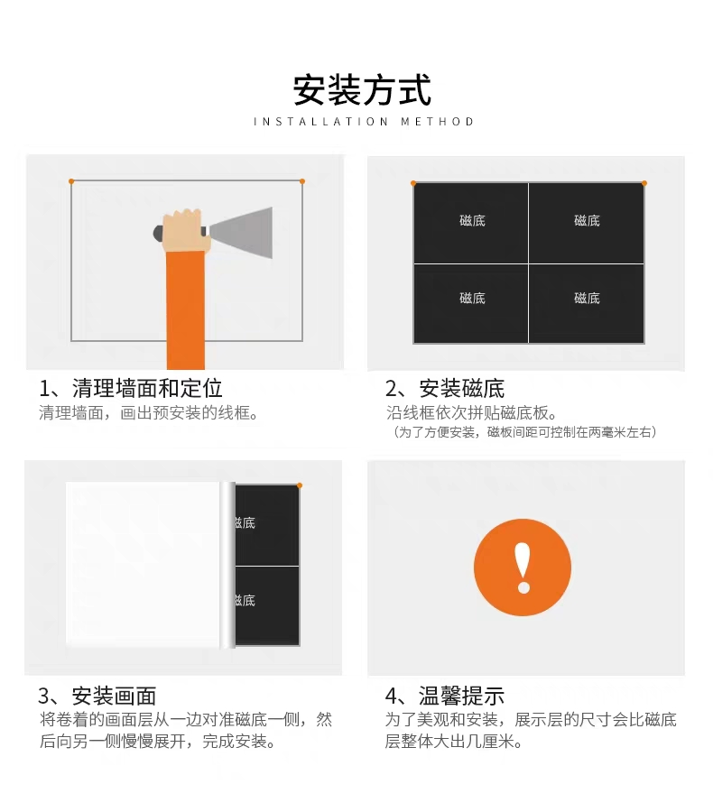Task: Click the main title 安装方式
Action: [362, 90]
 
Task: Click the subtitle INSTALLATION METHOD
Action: [364, 122]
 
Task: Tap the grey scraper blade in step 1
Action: [241, 232]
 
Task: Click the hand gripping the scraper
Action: [182, 231]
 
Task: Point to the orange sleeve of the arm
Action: [186, 309]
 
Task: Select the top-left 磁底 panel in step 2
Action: [470, 223]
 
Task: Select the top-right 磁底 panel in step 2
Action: [586, 223]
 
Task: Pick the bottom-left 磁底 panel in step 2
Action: [470, 303]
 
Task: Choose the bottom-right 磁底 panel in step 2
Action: [586, 303]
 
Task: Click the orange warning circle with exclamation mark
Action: [523, 567]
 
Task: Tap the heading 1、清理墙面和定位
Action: [131, 388]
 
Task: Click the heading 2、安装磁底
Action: [445, 388]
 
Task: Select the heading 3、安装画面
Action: [97, 696]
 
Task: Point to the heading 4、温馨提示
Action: [445, 696]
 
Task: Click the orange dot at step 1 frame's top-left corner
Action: [71, 181]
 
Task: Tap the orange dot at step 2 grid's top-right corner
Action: [644, 183]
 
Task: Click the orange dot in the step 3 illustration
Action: [300, 485]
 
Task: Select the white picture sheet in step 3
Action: [143, 565]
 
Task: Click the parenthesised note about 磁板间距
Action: [523, 432]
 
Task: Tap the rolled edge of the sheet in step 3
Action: [228, 565]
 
